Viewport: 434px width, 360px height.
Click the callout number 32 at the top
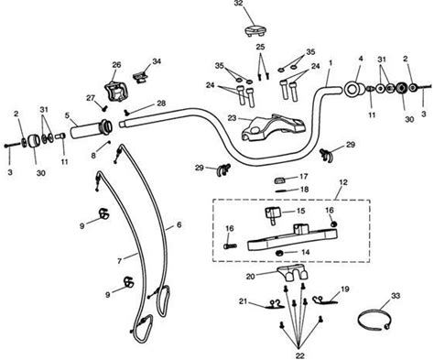(x=239, y=4)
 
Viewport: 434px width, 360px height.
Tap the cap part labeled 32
(x=255, y=31)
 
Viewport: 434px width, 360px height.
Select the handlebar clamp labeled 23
(x=273, y=127)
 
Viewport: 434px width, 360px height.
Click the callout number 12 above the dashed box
(x=343, y=182)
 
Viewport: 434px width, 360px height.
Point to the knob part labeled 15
(x=273, y=215)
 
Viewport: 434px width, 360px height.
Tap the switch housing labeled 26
(x=114, y=91)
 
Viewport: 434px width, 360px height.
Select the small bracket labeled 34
(x=140, y=78)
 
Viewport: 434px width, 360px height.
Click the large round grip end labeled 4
(x=354, y=89)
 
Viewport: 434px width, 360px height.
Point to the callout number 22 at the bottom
(x=300, y=355)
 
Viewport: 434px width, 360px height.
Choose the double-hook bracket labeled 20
(x=293, y=273)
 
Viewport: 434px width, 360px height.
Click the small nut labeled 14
(x=278, y=253)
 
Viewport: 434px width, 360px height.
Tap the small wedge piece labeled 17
(x=281, y=180)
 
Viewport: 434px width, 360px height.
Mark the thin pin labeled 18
(x=284, y=191)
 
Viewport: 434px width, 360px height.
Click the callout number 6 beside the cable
(x=179, y=224)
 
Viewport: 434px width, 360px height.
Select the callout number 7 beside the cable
(x=120, y=261)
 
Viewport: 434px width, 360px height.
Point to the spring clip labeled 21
(x=275, y=304)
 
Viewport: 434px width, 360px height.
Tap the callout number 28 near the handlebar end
(x=161, y=104)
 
